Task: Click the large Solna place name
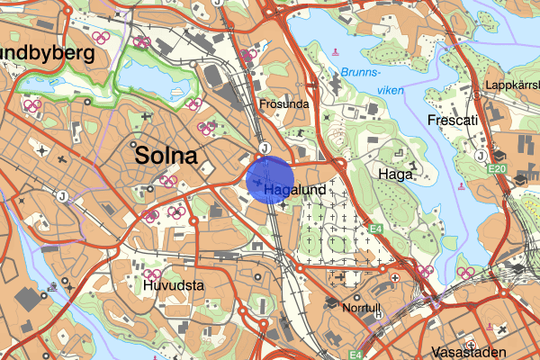pyautogui.click(x=166, y=156)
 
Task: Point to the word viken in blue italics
pyautogui.click(x=388, y=90)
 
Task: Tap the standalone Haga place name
pyautogui.click(x=395, y=175)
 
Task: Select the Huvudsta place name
pyautogui.click(x=175, y=286)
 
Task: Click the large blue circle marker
pyautogui.click(x=270, y=179)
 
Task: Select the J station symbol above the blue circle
pyautogui.click(x=265, y=148)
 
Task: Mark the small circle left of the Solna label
pyautogui.click(x=134, y=144)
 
